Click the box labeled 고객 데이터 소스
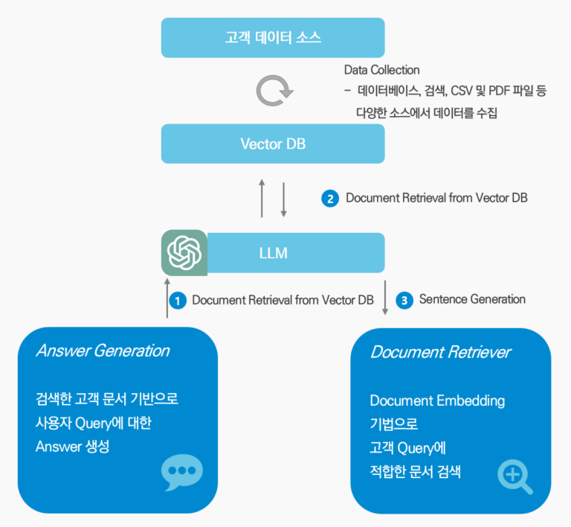tap(273, 37)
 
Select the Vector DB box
tap(273, 144)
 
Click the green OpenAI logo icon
tap(184, 253)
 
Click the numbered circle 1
tap(177, 301)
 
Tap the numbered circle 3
tap(404, 301)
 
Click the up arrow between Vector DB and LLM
tap(262, 198)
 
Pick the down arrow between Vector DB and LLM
tap(283, 198)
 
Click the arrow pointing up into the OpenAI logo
tap(167, 298)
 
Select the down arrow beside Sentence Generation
tap(385, 298)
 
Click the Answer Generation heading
tap(103, 351)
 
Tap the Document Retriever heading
tap(440, 352)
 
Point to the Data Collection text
tap(381, 70)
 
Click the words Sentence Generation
tap(472, 299)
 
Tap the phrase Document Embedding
tap(437, 400)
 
